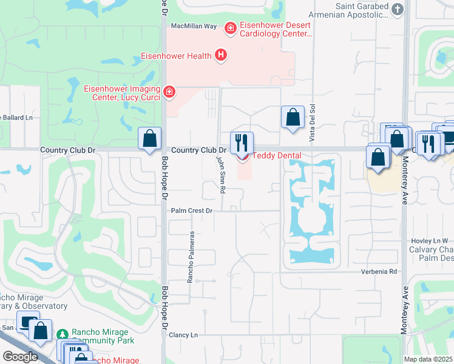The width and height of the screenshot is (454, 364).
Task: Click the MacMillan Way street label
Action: (x=194, y=26)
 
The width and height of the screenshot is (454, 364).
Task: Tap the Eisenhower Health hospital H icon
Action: (x=221, y=56)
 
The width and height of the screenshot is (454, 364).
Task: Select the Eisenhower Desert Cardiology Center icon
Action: (x=230, y=28)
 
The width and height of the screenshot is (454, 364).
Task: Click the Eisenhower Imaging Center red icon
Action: (x=169, y=92)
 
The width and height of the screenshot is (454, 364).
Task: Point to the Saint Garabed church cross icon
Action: (x=397, y=9)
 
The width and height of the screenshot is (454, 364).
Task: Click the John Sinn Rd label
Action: (x=222, y=173)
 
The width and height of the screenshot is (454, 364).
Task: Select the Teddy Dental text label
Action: (x=277, y=155)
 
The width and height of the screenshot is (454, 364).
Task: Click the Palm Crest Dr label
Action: (x=191, y=211)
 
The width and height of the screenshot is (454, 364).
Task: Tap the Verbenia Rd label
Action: (x=380, y=271)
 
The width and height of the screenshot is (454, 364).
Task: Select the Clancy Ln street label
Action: (x=183, y=335)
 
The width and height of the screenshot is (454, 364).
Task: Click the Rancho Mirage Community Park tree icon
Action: (x=62, y=334)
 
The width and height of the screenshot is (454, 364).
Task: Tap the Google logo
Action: (x=20, y=356)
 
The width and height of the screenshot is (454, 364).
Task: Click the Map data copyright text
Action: (x=428, y=359)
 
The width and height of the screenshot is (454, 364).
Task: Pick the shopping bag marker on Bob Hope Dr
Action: (x=149, y=138)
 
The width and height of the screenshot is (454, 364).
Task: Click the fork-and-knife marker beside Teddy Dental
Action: (x=242, y=143)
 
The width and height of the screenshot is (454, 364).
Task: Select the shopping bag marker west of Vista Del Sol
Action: (x=293, y=116)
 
